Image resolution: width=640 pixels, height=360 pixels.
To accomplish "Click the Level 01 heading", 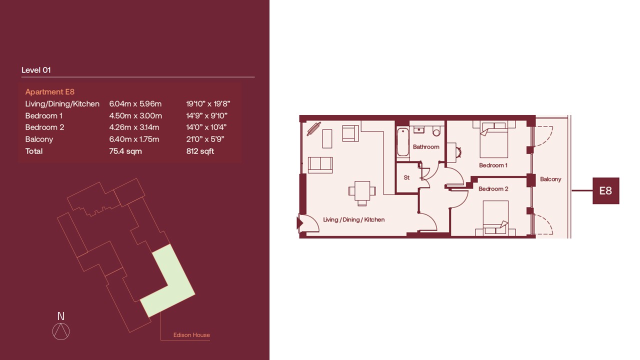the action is pyautogui.click(x=36, y=70).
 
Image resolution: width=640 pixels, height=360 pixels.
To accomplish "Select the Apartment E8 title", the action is pyautogui.click(x=49, y=91).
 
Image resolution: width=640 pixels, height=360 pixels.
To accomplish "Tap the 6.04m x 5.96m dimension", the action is pyautogui.click(x=135, y=103).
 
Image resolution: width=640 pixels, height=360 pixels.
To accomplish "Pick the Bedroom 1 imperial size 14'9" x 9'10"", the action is pyautogui.click(x=206, y=115).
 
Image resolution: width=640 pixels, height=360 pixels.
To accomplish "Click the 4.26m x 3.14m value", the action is pyautogui.click(x=134, y=127).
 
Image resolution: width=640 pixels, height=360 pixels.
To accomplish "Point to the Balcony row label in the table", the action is pyautogui.click(x=39, y=139).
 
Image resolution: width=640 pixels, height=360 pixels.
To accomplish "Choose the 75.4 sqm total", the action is pyautogui.click(x=125, y=151).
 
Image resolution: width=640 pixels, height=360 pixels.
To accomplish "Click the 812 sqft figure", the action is pyautogui.click(x=200, y=151).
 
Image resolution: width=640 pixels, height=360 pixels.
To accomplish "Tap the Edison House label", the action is pyautogui.click(x=191, y=335).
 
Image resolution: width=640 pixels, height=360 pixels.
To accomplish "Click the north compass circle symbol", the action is pyautogui.click(x=61, y=331).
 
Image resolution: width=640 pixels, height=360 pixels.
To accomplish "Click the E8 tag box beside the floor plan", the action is pyautogui.click(x=605, y=190).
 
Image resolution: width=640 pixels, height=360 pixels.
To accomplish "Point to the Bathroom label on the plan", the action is pyautogui.click(x=426, y=147).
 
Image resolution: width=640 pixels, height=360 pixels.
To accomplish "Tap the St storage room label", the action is pyautogui.click(x=406, y=177).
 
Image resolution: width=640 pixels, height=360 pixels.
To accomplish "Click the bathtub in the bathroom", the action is pyautogui.click(x=403, y=142).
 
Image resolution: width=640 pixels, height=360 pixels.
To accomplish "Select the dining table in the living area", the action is pyautogui.click(x=362, y=191).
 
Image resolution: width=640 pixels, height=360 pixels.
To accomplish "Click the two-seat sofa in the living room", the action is pyautogui.click(x=320, y=165).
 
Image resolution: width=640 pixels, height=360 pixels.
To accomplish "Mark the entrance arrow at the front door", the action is pyautogui.click(x=299, y=223).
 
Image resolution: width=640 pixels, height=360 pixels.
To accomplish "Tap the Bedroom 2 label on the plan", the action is pyautogui.click(x=493, y=189).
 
